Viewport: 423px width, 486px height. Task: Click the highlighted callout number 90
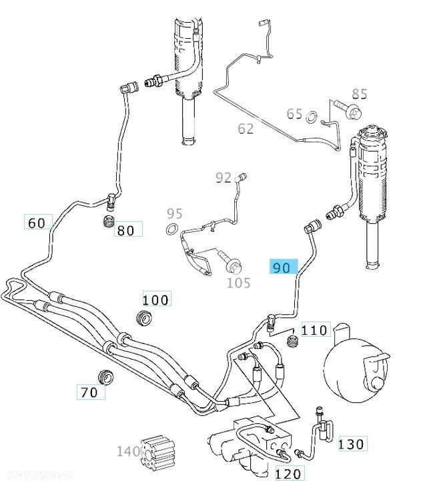pyautogui.click(x=281, y=267)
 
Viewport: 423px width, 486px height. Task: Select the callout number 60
pyautogui.click(x=38, y=222)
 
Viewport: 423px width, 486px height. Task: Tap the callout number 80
pyautogui.click(x=125, y=230)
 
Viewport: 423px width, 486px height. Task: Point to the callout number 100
pyautogui.click(x=155, y=299)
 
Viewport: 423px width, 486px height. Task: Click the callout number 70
pyautogui.click(x=89, y=392)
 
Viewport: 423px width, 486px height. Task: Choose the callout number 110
pyautogui.click(x=314, y=330)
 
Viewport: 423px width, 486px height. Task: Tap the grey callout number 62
pyautogui.click(x=246, y=128)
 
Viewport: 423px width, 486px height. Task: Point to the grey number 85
pyautogui.click(x=359, y=94)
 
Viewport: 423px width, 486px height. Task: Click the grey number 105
pyautogui.click(x=238, y=283)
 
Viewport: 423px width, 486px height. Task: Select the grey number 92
pyautogui.click(x=223, y=177)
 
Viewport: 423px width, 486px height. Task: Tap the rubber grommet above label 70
pyautogui.click(x=105, y=375)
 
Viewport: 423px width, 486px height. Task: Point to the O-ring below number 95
pyautogui.click(x=172, y=231)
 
